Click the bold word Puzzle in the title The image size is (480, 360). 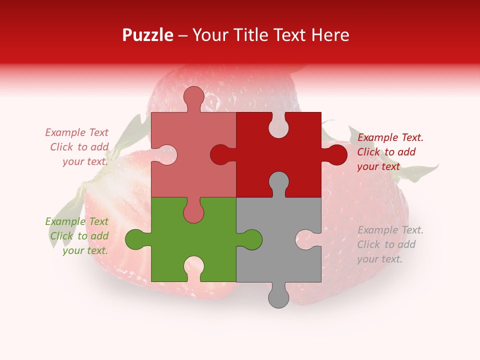coord(148,35)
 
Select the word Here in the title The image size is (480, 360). coord(330,35)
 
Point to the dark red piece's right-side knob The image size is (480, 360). coord(335,154)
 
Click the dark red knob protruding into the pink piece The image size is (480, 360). coord(221,154)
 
